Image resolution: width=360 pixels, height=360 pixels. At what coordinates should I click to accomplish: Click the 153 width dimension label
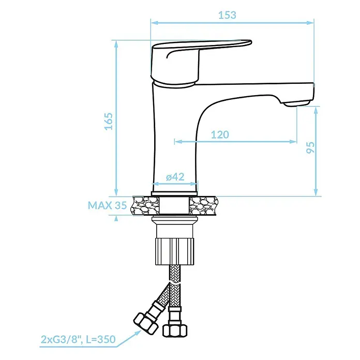coord(227,15)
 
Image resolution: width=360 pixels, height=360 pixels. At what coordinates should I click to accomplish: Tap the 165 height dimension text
coord(109,122)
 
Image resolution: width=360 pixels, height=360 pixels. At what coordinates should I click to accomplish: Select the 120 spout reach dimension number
coord(220,134)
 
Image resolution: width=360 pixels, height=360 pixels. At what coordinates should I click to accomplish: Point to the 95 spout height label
coord(310,147)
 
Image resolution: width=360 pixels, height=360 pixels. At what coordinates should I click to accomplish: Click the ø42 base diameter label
coord(175,177)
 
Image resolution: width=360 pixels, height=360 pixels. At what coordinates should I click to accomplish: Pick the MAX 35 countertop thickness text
coord(107,205)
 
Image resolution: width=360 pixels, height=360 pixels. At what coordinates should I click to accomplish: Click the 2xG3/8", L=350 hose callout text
coord(78,339)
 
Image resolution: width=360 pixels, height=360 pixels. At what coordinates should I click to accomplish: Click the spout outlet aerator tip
coord(296,103)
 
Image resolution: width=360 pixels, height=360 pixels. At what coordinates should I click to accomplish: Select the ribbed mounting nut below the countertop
coord(175,251)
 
